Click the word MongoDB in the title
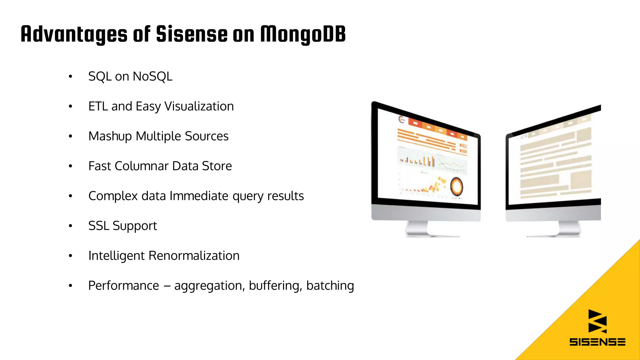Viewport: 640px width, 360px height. coord(303,34)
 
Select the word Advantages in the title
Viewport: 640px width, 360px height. coord(74,34)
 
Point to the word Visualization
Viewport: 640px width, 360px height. coord(199,107)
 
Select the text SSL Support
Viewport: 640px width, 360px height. coord(122,226)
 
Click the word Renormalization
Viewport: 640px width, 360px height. coord(194,256)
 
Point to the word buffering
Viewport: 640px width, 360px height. coord(275,286)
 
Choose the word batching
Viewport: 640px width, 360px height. coord(330,286)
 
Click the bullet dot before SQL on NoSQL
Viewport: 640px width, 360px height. coord(71,77)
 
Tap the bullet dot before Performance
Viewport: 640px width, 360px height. coord(71,286)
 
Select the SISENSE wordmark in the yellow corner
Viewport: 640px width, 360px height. coord(597,342)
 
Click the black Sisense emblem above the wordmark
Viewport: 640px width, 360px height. coord(597,321)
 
